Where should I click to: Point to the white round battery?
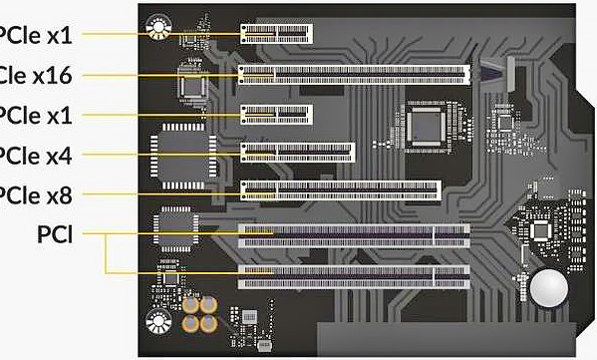coord(546,288)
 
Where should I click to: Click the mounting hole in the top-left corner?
coord(157,26)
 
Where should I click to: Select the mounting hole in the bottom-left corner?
coord(157,321)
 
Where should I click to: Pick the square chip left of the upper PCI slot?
coord(173,228)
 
